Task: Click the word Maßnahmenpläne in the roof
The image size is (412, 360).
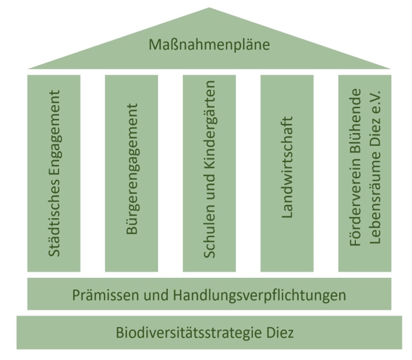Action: [x=209, y=45]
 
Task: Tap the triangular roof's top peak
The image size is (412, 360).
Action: [x=209, y=10]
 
